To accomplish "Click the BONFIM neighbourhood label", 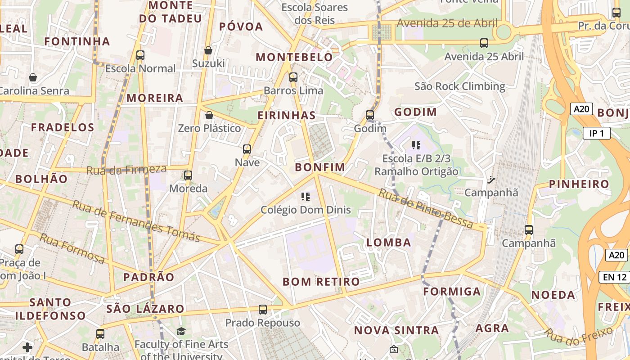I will pyautogui.click(x=320, y=167).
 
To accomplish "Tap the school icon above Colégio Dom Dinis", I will pyautogui.click(x=306, y=197).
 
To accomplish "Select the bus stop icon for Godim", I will pyautogui.click(x=370, y=115).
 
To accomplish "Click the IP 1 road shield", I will pyautogui.click(x=597, y=133).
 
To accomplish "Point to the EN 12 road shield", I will pyautogui.click(x=615, y=277).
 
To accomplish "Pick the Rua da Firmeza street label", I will pyautogui.click(x=126, y=170).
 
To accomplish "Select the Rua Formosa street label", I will pyautogui.click(x=72, y=248).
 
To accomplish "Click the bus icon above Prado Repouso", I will pyautogui.click(x=263, y=310).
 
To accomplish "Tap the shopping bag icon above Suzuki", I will pyautogui.click(x=208, y=50).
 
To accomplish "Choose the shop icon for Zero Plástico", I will pyautogui.click(x=209, y=115).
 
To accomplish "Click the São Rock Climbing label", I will pyautogui.click(x=460, y=86).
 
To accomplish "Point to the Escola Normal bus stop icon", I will pyautogui.click(x=140, y=55).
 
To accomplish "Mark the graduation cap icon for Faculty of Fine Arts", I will pyautogui.click(x=181, y=332).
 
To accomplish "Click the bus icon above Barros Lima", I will pyautogui.click(x=293, y=77).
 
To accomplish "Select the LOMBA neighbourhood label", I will pyautogui.click(x=389, y=243).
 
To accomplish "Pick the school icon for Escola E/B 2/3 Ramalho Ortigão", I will pyautogui.click(x=416, y=145).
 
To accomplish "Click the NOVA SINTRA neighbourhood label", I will pyautogui.click(x=396, y=330).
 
